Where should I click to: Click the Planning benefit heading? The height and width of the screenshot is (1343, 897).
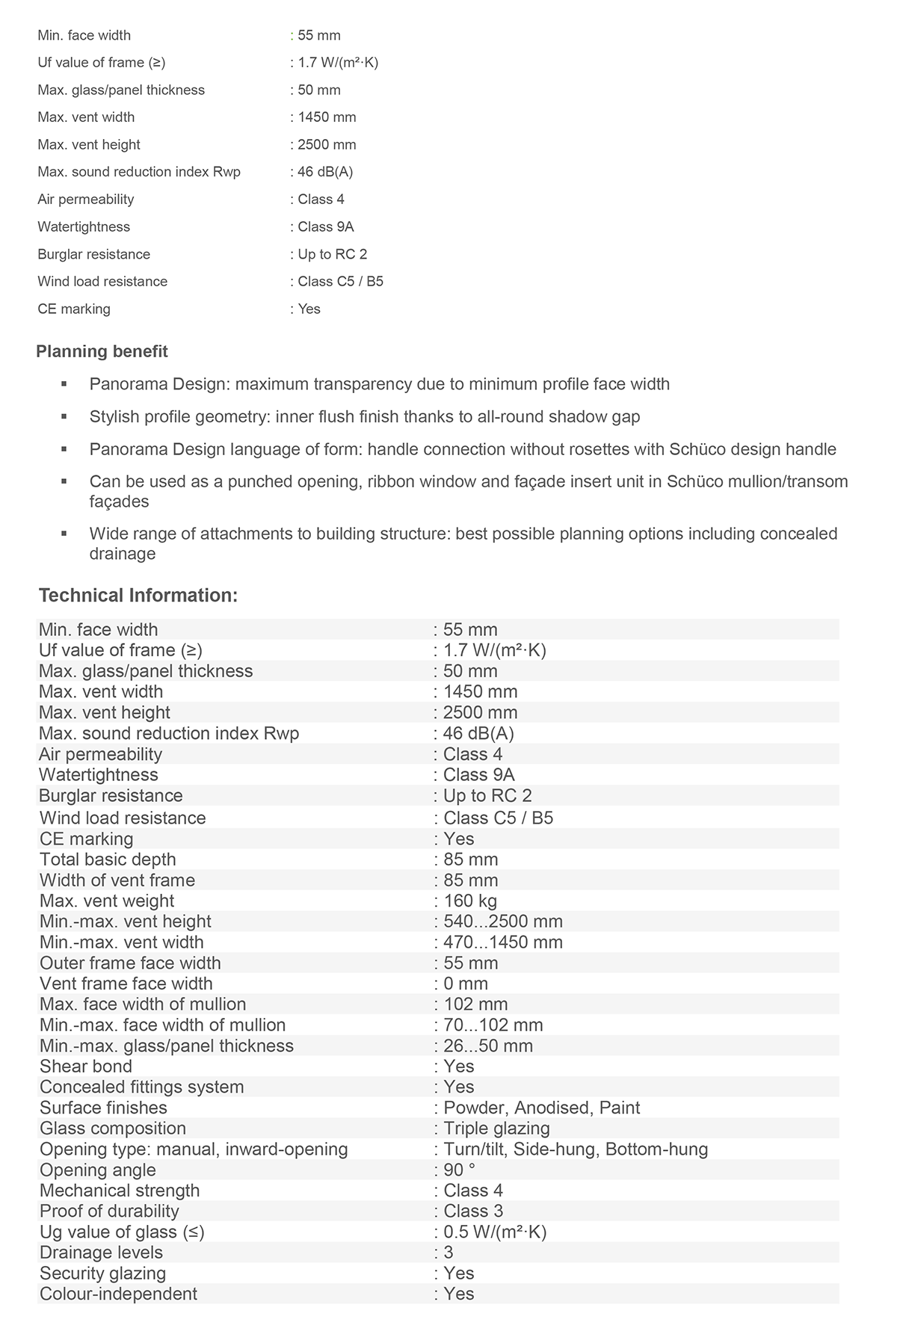coord(102,352)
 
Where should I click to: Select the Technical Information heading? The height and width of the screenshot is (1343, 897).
coord(138,596)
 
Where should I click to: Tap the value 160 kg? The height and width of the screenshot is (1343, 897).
coord(470,901)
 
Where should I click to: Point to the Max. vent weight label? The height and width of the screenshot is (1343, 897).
coord(107,901)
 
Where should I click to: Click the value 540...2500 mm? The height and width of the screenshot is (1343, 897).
coord(503,921)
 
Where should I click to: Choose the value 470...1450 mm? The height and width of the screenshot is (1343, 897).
coord(503,942)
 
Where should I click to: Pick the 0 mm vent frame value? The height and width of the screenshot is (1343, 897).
coord(466,984)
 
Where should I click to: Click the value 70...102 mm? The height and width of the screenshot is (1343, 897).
coord(493,1025)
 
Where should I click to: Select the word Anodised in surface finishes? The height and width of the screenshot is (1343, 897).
coord(552,1108)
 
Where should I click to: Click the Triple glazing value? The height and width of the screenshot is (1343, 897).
coord(496,1129)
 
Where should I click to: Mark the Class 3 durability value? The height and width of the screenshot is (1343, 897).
coord(473,1211)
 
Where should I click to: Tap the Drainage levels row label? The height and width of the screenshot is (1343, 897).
coord(101,1253)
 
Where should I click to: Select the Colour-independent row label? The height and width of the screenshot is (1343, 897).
coord(118,1294)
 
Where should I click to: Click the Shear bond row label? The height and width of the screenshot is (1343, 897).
coord(86,1067)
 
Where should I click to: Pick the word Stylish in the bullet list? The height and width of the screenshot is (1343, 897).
coord(115,417)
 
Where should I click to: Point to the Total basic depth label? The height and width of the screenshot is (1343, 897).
coord(108,860)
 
